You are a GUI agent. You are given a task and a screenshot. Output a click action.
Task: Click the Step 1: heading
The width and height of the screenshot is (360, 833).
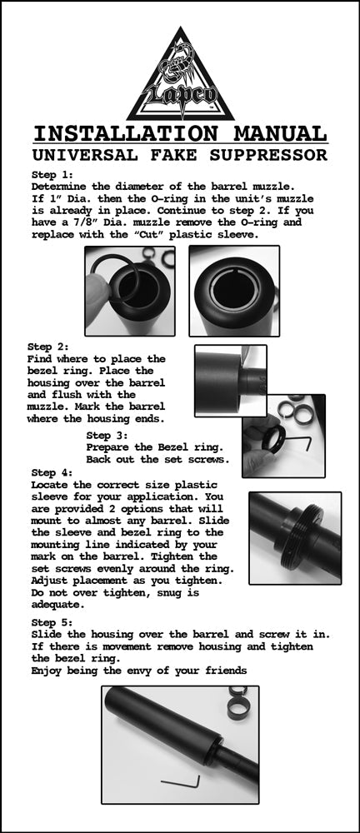click(52, 175)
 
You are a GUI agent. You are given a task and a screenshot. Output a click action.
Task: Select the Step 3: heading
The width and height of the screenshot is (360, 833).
click(107, 435)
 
